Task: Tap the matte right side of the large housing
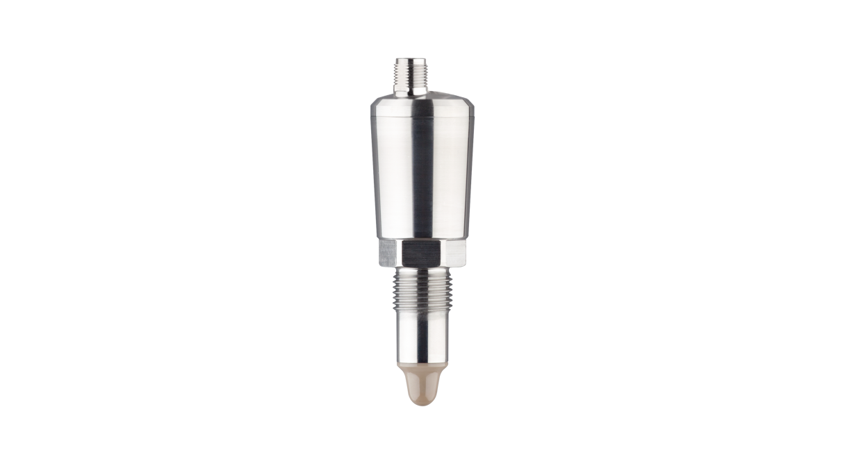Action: pos(452,174)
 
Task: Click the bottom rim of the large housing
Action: pos(422,236)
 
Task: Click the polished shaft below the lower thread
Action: pos(431,340)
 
